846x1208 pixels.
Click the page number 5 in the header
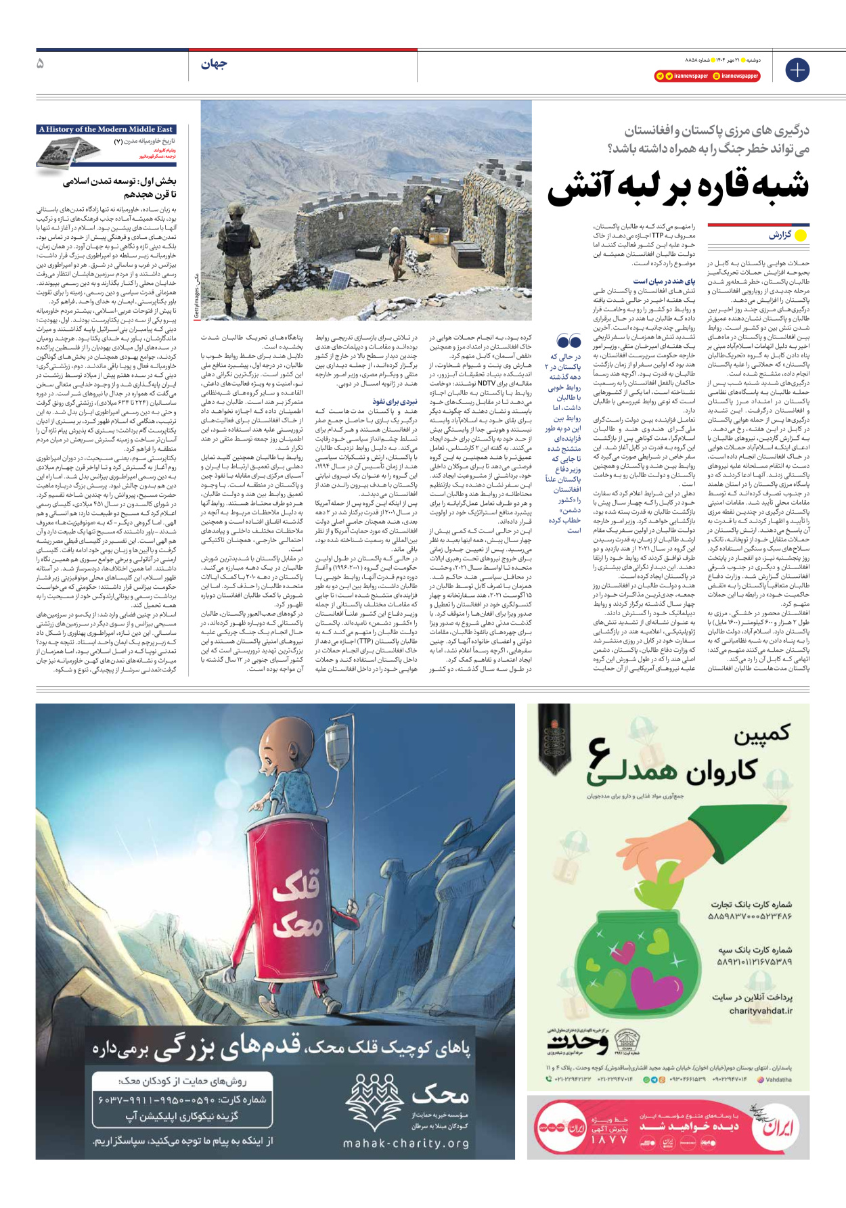point(41,64)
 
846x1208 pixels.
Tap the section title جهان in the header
point(214,64)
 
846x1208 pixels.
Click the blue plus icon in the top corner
point(797,70)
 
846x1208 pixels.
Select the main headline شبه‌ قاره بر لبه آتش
point(678,187)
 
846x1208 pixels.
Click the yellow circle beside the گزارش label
point(801,236)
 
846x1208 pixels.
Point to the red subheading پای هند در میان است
point(664,281)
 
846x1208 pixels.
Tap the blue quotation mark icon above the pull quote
point(569,341)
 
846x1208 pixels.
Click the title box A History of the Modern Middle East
point(106,129)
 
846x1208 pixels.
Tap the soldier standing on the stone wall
point(428,202)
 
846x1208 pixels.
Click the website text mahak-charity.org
point(406,1143)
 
